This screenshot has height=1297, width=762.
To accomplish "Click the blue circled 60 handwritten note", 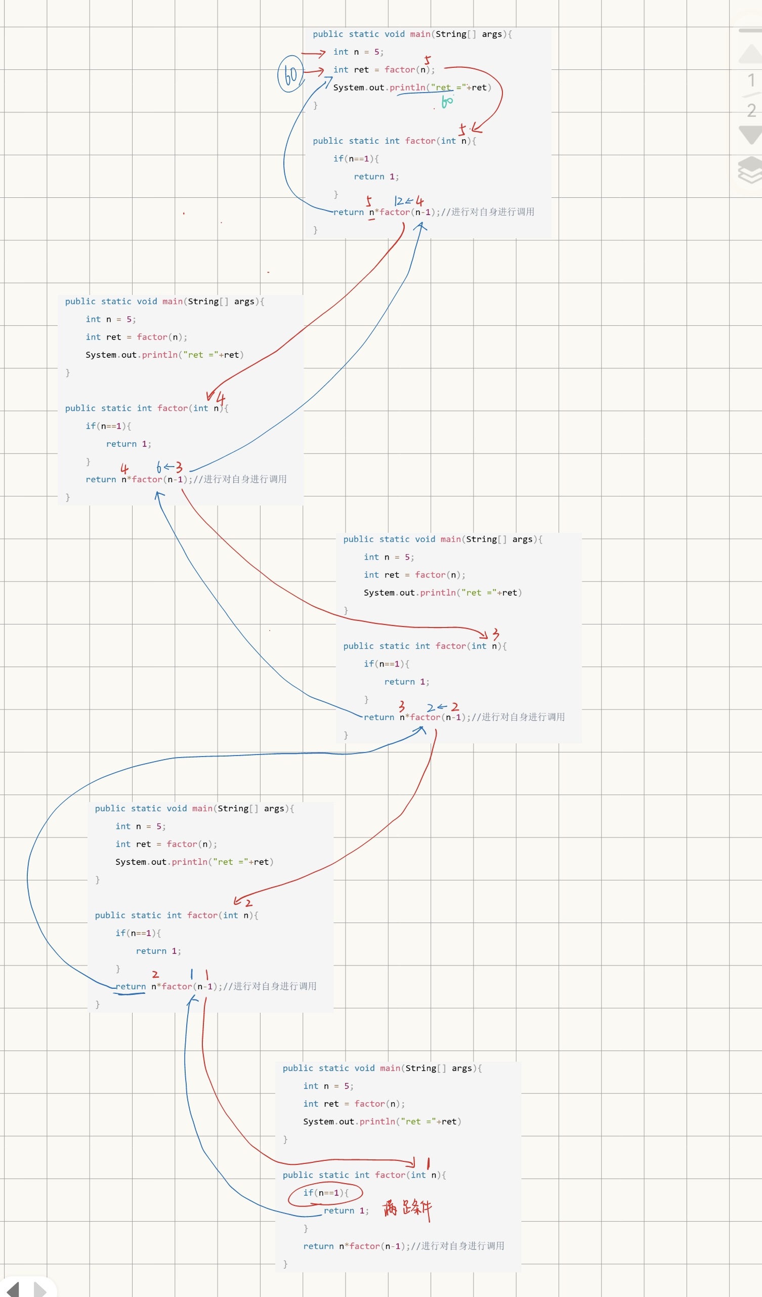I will coord(290,74).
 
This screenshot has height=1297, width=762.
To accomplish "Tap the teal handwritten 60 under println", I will coord(447,101).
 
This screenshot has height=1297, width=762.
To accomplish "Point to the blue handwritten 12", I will coord(399,201).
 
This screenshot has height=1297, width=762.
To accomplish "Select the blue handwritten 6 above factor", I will coord(159,467).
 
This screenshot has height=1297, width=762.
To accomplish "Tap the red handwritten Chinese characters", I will coord(407,1208).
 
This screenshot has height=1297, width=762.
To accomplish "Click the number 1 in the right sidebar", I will coord(751,80).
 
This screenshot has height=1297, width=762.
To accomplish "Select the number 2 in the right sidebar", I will coord(751,110).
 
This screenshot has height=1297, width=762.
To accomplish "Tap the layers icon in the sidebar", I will coord(751,170).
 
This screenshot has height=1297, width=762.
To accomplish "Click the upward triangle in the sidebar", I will coord(751,54).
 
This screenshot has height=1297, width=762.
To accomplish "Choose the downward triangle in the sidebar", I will coord(751,135).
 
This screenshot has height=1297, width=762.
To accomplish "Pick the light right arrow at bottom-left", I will coord(39,1289).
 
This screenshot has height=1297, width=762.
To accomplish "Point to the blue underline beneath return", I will coord(129,994).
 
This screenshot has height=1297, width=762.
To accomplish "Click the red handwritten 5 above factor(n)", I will coord(427,60).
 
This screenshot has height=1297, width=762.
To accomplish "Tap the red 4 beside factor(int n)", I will coord(221,398).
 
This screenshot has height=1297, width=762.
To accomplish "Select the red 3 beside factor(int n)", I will coord(495,634).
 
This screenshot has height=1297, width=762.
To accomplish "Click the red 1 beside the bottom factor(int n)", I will coord(428,1164).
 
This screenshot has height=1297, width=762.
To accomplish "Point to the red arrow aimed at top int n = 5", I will coord(313,53).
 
